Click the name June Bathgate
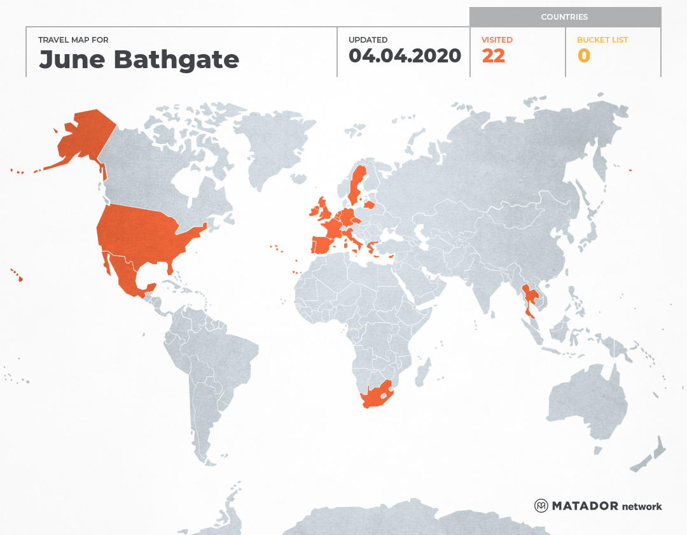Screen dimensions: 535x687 click(139, 59)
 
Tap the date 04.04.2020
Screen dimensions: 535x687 click(405, 56)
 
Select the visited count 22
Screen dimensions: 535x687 click(493, 56)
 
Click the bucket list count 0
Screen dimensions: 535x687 click(583, 56)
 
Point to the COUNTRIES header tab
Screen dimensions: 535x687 click(564, 17)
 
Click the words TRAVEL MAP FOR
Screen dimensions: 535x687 click(73, 40)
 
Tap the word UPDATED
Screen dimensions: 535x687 click(368, 40)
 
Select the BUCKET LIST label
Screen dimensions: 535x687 click(602, 40)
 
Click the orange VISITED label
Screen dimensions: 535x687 click(497, 40)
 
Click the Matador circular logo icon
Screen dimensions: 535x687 click(541, 506)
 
